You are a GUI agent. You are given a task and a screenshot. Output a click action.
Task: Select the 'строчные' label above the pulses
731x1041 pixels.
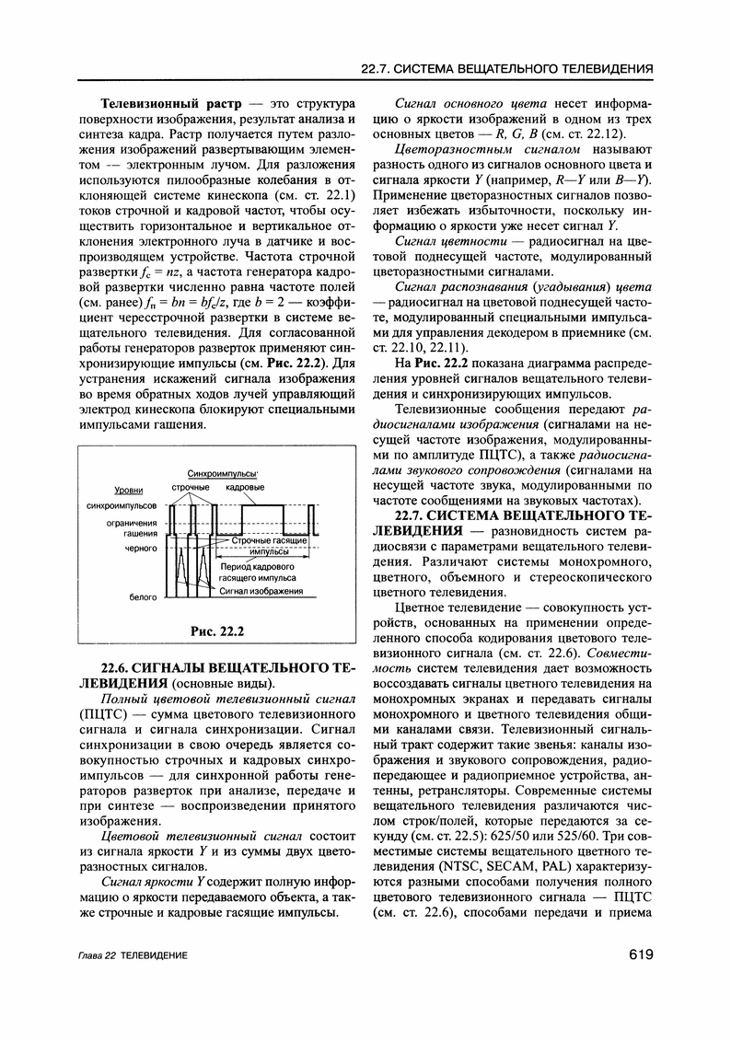tap(191, 486)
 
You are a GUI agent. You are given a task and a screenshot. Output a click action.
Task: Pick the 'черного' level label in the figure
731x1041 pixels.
tap(141, 549)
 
